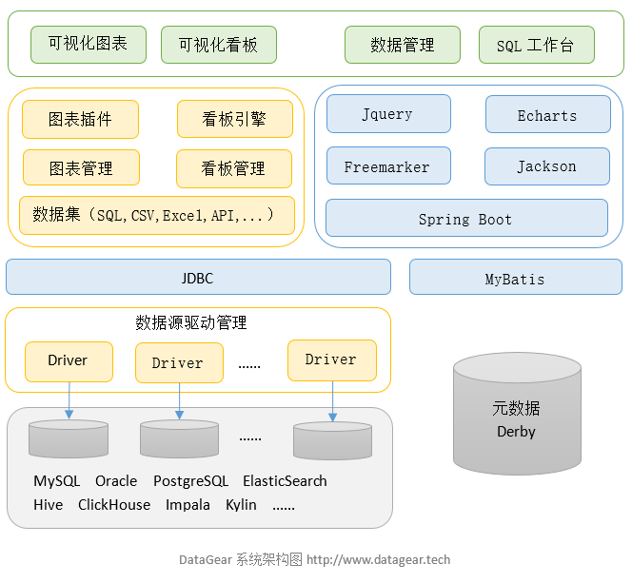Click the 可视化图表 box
[88, 44]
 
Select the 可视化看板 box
[218, 45]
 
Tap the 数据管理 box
[402, 45]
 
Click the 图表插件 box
[80, 120]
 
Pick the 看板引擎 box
[234, 120]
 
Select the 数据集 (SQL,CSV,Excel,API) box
[156, 215]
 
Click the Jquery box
[386, 114]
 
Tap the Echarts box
[547, 115]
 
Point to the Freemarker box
[386, 166]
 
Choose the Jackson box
[546, 166]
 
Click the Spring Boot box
[465, 219]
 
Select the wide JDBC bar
[198, 278]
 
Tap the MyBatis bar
[515, 279]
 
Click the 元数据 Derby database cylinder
[516, 413]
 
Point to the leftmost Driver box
[68, 361]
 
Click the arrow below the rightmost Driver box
[332, 400]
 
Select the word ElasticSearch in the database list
[285, 481]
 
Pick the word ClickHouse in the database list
[114, 505]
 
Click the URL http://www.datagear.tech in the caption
[378, 560]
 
